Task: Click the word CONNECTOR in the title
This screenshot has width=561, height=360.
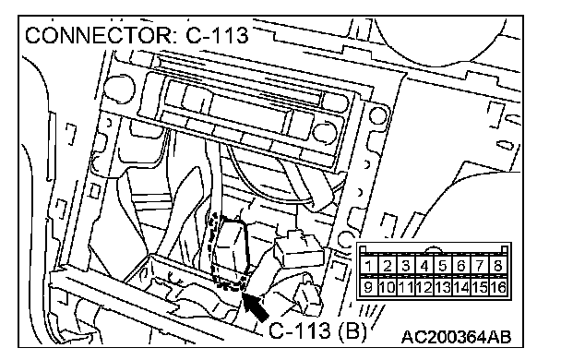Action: pos(99,35)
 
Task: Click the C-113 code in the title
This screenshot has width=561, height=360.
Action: pos(217,35)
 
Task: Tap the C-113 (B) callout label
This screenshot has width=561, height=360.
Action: pos(317,330)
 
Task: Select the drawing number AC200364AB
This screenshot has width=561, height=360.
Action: pos(456,337)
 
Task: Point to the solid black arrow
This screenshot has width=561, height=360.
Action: pos(256,306)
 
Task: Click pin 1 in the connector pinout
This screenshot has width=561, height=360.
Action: pos(368,266)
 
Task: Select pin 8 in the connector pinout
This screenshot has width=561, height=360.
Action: pos(498,266)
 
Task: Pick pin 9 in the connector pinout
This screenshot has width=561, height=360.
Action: pos(368,287)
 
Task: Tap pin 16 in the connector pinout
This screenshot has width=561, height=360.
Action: pos(498,287)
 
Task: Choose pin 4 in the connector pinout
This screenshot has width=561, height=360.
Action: pos(424,266)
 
